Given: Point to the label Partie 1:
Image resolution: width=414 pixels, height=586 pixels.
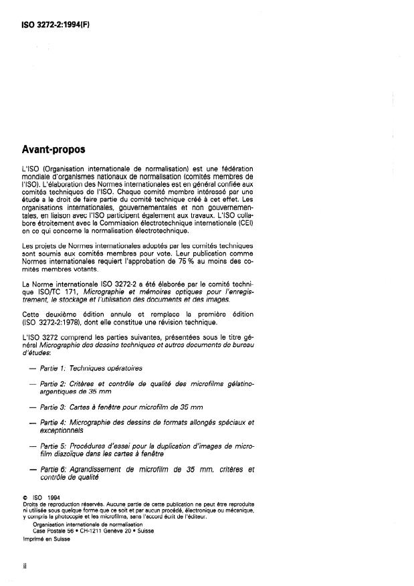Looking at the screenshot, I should pyautogui.click(x=55, y=368).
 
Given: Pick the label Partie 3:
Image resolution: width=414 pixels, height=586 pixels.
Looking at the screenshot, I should pyautogui.click(x=55, y=407).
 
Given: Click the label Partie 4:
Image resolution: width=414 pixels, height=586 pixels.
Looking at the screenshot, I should pyautogui.click(x=55, y=423).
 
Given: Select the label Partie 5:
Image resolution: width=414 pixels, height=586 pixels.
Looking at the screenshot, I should pyautogui.click(x=55, y=445).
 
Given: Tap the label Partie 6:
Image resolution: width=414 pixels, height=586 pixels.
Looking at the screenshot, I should pyautogui.click(x=55, y=470).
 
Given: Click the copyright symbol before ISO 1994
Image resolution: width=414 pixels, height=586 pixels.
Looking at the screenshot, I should pyautogui.click(x=24, y=497).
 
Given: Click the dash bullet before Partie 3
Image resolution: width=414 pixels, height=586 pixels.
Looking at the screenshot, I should pyautogui.click(x=33, y=407).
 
